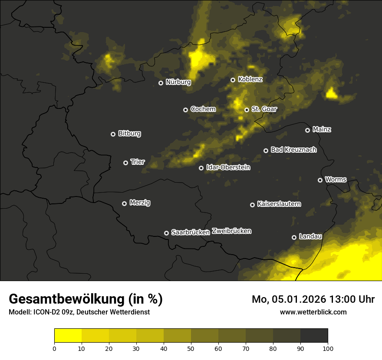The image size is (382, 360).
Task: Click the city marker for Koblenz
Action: click(233, 80)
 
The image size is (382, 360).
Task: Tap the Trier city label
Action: click(138, 162)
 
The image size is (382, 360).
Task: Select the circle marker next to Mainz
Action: click(307, 130)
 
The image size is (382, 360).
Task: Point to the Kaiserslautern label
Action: click(279, 204)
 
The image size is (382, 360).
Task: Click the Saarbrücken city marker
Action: click(166, 233)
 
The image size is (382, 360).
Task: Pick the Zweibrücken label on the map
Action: click(232, 231)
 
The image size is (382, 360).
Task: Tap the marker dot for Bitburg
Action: click(113, 134)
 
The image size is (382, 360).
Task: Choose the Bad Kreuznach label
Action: click(293, 150)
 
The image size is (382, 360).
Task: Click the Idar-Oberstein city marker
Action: click(201, 168)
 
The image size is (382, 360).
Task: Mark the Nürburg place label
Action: click(178, 82)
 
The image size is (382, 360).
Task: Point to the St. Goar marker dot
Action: click(247, 110)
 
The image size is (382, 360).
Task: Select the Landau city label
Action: click(310, 236)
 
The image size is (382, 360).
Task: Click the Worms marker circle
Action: click(320, 180)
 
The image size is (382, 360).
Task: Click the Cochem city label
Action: click(203, 109)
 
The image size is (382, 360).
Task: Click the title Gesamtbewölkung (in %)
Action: click(86, 299)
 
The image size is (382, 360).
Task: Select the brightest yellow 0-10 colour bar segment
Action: click(68, 336)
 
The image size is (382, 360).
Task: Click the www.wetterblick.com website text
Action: click(313, 312)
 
